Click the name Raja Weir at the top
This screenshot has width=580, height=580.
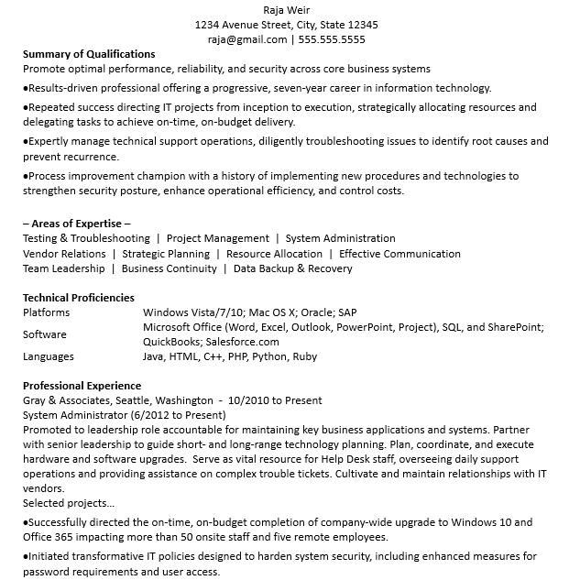(287, 10)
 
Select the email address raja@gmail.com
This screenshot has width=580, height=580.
(247, 39)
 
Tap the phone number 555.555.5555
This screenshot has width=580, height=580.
(332, 39)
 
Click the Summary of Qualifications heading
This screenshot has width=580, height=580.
(89, 54)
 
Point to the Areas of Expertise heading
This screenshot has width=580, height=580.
(76, 224)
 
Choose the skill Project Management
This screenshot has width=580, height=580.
(218, 238)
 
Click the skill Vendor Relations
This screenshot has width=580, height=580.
(64, 254)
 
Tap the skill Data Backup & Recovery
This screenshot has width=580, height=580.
(292, 268)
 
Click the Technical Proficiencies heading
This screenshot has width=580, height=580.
(79, 298)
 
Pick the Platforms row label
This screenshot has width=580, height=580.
(46, 312)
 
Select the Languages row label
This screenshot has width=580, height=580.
(49, 356)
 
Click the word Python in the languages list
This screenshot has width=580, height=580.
(269, 356)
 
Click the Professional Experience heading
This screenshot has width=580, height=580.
(82, 386)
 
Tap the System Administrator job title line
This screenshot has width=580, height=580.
(122, 415)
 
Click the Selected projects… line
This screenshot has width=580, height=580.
(69, 503)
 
